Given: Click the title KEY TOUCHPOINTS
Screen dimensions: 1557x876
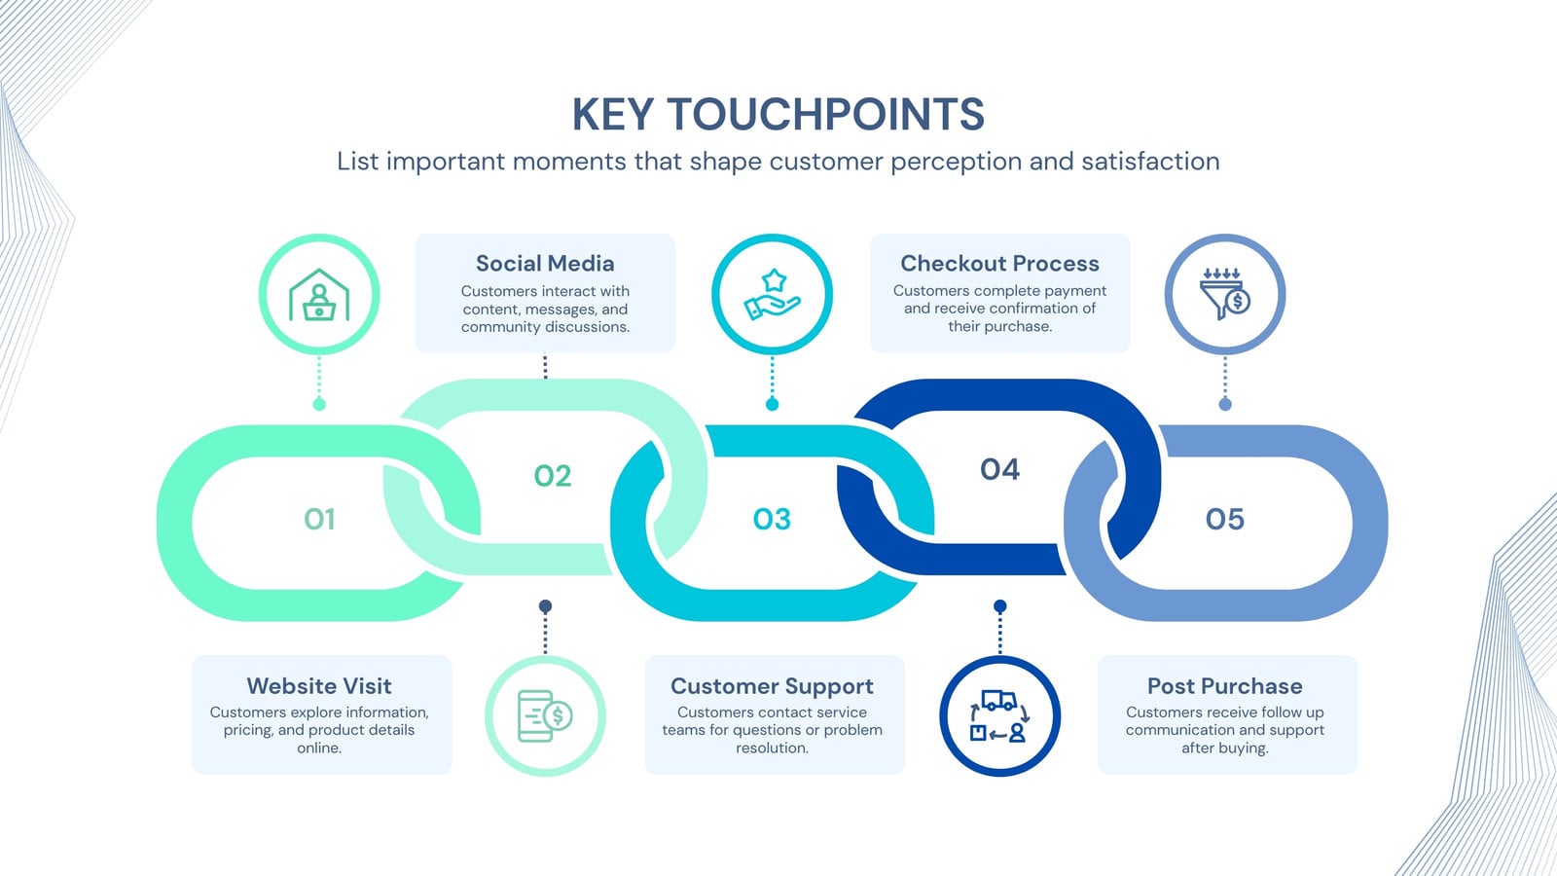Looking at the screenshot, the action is [x=778, y=114].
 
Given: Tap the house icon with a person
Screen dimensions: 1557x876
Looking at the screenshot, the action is [x=319, y=295].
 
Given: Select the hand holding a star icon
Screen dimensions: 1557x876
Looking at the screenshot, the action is [x=772, y=295].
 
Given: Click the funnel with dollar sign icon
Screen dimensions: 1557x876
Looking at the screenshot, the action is [x=1225, y=294].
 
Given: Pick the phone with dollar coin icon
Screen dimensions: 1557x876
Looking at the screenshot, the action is [x=545, y=716].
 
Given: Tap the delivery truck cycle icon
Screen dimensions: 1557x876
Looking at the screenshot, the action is [x=999, y=716].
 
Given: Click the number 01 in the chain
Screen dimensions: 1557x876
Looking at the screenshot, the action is [x=319, y=520].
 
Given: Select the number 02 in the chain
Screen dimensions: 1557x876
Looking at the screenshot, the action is [x=553, y=476].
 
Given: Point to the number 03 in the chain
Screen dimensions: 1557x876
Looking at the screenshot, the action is [x=772, y=520].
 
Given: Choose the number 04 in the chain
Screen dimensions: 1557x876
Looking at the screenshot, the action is [x=999, y=470].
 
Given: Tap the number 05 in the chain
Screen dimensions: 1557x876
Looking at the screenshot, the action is [x=1225, y=520].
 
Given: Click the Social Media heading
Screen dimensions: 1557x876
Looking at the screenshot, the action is [x=545, y=264].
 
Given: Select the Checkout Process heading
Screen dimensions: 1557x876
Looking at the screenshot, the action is [x=999, y=264].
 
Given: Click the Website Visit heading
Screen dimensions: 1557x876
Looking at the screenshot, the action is [x=319, y=686].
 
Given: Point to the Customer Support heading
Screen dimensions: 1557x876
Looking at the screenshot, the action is [x=772, y=686].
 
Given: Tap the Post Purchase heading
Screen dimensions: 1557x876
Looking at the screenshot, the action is [x=1225, y=686].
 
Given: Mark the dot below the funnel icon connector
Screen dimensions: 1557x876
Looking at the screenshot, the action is [x=1225, y=404].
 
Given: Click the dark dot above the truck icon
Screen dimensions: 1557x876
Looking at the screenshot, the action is [x=999, y=606].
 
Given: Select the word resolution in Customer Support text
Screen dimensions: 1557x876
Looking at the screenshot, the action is [x=772, y=748].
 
